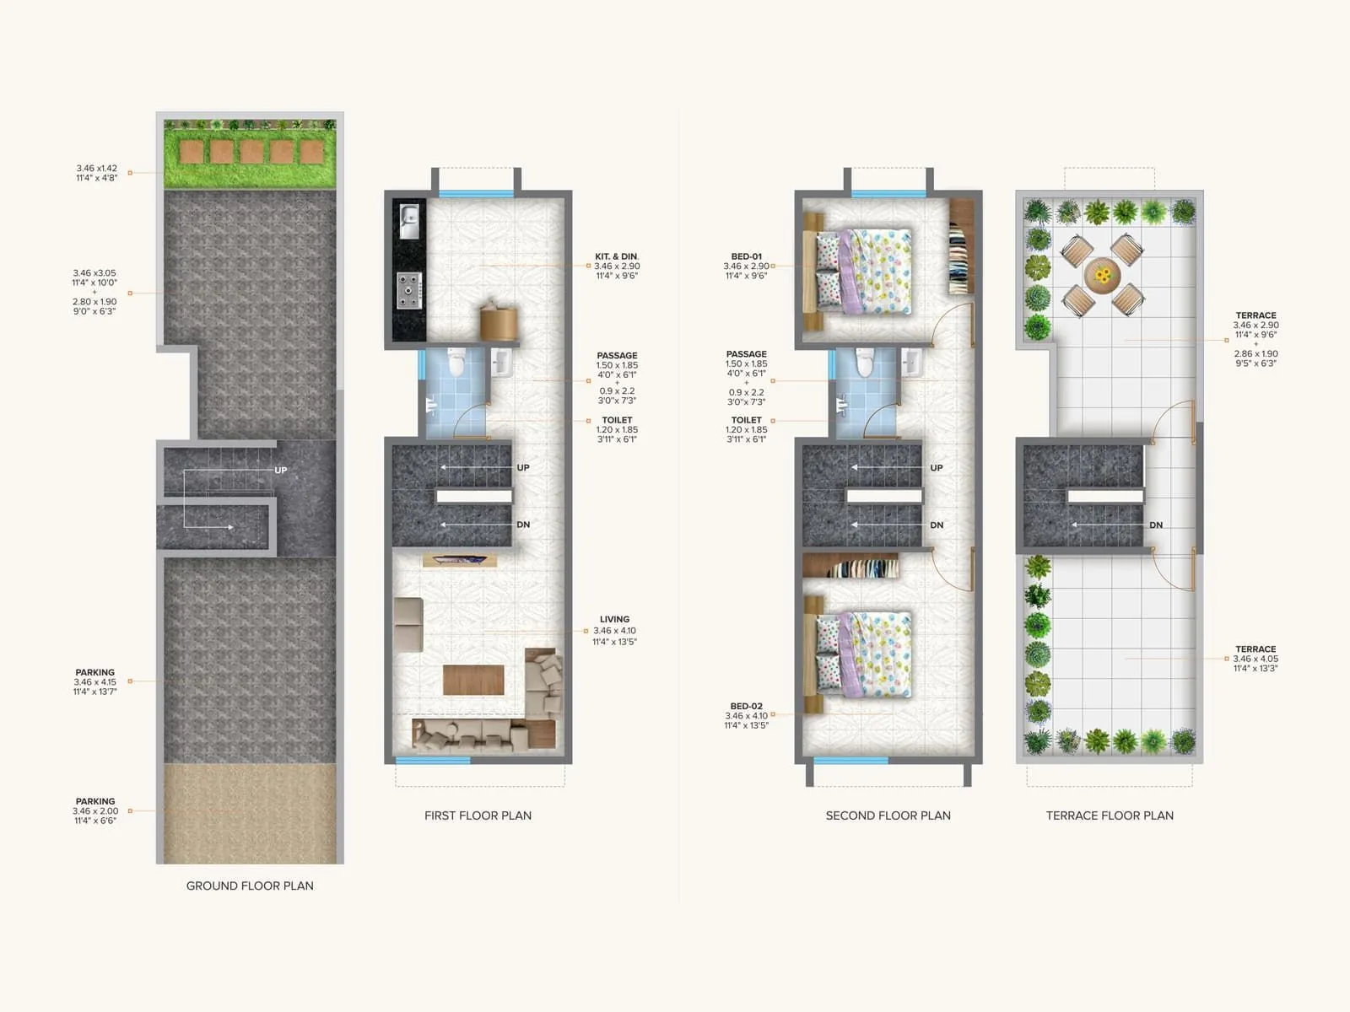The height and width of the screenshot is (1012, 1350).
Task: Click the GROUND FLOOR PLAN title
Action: (250, 885)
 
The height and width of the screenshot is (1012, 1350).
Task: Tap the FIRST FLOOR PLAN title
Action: (478, 816)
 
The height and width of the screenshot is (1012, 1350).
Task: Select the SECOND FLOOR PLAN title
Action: (888, 816)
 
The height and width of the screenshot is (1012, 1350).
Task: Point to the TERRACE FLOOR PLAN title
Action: (1110, 816)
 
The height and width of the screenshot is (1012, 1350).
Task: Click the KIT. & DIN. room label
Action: (617, 256)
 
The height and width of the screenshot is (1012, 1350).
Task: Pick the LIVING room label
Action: (614, 619)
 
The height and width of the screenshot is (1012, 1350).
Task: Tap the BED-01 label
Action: (746, 256)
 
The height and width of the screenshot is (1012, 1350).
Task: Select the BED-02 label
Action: (746, 706)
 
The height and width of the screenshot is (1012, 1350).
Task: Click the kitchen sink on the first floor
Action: (408, 221)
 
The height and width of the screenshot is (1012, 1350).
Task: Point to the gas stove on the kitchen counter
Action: (409, 290)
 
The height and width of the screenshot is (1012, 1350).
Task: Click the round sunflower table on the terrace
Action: (1102, 275)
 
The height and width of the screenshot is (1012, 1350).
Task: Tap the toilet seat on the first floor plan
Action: (456, 363)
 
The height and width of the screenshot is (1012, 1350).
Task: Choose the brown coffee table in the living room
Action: (473, 680)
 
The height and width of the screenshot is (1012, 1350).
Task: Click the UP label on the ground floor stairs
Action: (281, 470)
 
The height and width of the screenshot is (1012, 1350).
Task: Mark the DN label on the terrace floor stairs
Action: (1156, 525)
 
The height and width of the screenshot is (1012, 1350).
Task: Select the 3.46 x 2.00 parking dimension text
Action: (95, 811)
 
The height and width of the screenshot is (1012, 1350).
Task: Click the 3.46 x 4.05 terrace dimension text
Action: (1255, 659)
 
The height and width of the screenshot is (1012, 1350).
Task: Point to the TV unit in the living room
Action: (460, 560)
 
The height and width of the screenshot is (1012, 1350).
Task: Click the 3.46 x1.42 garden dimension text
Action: (96, 169)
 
